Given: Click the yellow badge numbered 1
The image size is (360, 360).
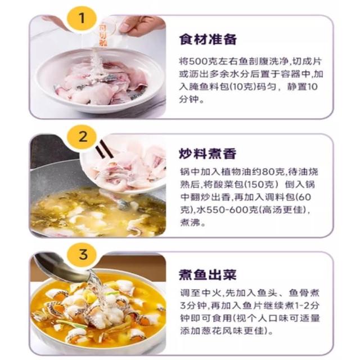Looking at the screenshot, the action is point(82,19).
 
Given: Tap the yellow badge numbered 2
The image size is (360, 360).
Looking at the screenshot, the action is point(82,137).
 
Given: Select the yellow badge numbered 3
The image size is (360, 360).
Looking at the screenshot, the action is point(83,254).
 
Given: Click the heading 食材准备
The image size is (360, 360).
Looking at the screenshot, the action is point(208,39).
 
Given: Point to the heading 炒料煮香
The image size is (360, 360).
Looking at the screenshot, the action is point(208,154).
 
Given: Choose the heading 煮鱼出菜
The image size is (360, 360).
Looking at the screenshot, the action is point(208,274).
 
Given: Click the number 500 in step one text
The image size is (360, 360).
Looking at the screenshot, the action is point(199,61).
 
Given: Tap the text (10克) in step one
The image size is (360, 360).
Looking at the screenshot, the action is point(242,87).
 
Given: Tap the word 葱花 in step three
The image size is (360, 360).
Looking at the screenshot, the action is point(205,331).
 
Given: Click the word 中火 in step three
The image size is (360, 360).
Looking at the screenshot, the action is point(211,293).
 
